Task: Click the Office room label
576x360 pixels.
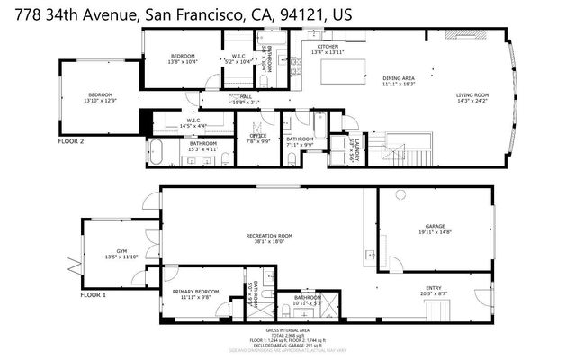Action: [x=259, y=138]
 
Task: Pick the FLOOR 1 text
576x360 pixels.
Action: [x=93, y=295]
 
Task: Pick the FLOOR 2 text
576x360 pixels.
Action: [x=70, y=141]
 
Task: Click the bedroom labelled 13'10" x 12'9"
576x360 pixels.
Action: [x=100, y=96]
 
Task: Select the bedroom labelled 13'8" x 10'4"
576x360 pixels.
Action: [x=184, y=59]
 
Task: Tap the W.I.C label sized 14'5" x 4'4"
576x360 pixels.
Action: [x=193, y=121]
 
